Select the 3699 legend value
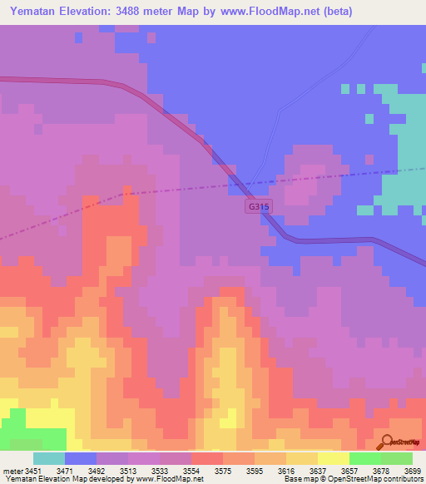click(x=414, y=471)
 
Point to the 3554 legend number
click(x=191, y=471)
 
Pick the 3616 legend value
click(x=285, y=471)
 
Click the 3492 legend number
click(x=97, y=471)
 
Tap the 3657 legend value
click(x=349, y=471)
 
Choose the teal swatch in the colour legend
click(x=49, y=458)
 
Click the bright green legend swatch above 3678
click(x=365, y=458)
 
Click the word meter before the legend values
click(x=12, y=471)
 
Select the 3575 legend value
click(x=223, y=471)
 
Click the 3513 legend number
click(x=128, y=471)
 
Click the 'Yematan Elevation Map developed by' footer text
click(x=66, y=479)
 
